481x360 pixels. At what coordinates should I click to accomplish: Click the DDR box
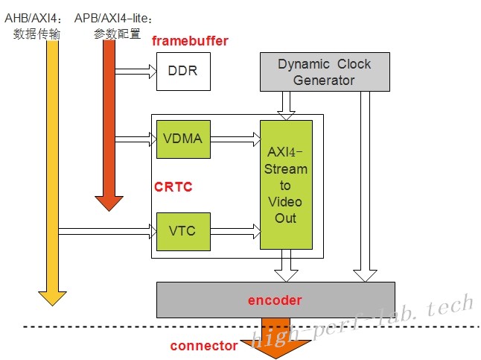tap(182, 72)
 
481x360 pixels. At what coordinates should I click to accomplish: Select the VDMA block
tap(182, 139)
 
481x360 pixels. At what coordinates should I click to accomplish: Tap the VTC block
tap(182, 231)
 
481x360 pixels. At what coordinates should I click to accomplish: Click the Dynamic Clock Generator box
tap(324, 72)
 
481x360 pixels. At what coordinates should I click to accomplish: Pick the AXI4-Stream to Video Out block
tap(286, 185)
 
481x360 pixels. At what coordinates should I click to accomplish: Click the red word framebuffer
tap(190, 41)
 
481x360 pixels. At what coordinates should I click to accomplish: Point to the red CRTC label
tap(173, 186)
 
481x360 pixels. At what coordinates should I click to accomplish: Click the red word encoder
tap(275, 300)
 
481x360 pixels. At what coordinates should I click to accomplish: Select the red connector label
tap(203, 345)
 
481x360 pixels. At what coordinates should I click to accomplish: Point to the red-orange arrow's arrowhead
tap(109, 201)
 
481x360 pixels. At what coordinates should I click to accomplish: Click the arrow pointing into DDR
tap(136, 72)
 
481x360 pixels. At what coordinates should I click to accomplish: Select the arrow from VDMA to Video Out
tap(235, 139)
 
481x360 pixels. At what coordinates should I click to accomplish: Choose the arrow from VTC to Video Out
tap(235, 231)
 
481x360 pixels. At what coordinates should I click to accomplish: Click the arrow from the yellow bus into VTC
tap(108, 231)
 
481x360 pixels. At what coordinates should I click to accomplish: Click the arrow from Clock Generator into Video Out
tap(286, 104)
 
